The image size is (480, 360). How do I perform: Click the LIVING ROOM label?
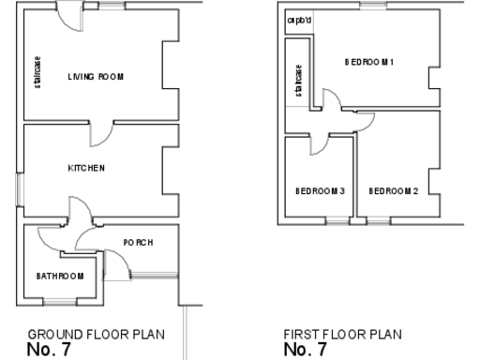(x=96, y=76)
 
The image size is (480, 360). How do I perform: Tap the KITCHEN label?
(x=86, y=168)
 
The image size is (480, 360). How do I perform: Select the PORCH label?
(x=138, y=243)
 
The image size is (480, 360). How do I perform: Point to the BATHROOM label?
(x=60, y=276)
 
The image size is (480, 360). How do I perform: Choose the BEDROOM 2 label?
(x=393, y=191)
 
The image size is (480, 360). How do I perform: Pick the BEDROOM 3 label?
(x=320, y=191)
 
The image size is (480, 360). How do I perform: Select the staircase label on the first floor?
(x=299, y=80)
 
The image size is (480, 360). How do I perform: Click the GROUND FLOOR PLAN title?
(x=96, y=334)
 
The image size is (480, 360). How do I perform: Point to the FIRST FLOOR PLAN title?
(x=342, y=334)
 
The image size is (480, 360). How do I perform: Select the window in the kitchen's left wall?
(x=19, y=190)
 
